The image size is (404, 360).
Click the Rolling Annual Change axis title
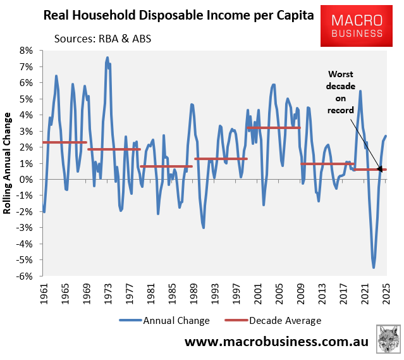(8, 163)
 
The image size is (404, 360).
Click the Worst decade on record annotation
(341, 92)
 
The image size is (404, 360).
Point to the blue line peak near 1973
(107, 58)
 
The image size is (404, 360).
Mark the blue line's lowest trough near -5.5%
(374, 268)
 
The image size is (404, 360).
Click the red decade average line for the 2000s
(273, 128)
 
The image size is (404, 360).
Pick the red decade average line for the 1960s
(64, 142)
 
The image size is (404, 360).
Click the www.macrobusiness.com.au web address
(276, 342)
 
